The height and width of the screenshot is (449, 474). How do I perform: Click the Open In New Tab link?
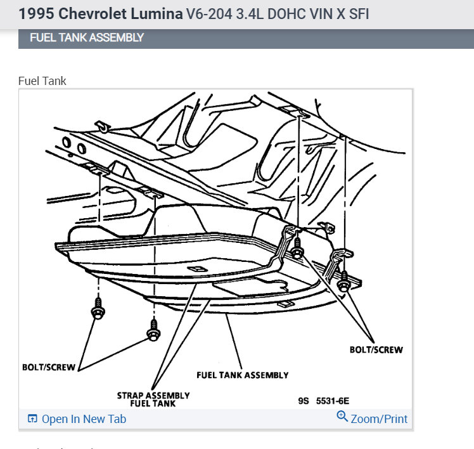click(84, 419)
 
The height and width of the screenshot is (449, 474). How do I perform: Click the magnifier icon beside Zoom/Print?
click(342, 417)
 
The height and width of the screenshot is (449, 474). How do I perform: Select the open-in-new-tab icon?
click(33, 419)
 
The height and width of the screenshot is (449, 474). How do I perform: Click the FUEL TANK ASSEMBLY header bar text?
click(87, 37)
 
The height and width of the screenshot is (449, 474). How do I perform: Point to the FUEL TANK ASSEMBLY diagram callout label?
click(243, 375)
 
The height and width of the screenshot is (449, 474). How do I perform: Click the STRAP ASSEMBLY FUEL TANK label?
click(153, 400)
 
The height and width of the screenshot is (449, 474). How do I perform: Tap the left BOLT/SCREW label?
click(49, 367)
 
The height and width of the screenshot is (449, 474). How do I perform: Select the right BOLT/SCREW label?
click(376, 349)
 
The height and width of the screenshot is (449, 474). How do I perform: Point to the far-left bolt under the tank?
click(98, 311)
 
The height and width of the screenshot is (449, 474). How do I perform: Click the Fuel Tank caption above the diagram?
click(42, 81)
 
